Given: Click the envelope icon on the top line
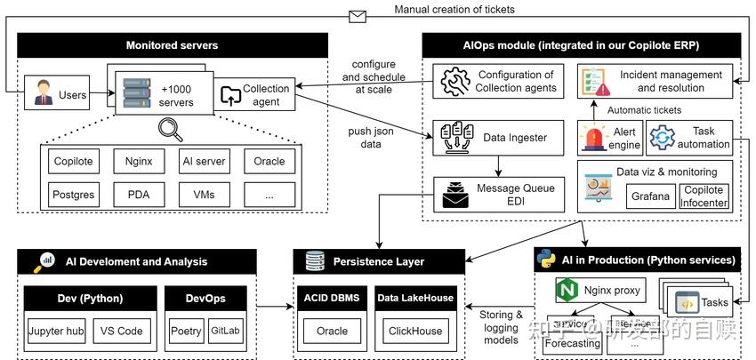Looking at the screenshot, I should point(358,15).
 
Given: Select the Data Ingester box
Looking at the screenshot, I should point(498,138).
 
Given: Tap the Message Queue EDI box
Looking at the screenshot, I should point(498,194).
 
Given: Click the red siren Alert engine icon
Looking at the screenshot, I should point(592,139).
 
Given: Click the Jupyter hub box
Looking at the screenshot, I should point(56,331).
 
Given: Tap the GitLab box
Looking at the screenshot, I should point(225,331).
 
